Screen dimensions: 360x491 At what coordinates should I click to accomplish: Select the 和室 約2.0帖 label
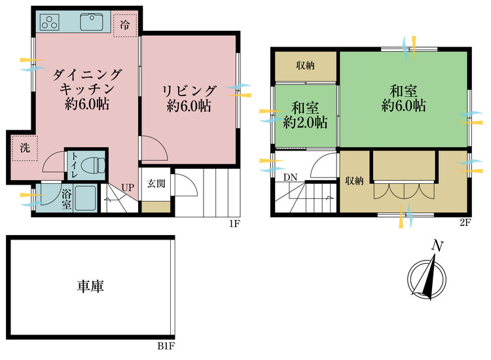[305, 114]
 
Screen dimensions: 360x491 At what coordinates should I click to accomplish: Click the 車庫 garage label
[91, 286]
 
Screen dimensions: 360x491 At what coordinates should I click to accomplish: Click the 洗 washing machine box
[24, 148]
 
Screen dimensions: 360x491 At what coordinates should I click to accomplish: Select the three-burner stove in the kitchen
[50, 22]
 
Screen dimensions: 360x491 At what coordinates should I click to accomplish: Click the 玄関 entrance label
[156, 183]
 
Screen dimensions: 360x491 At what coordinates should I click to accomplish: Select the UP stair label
[128, 188]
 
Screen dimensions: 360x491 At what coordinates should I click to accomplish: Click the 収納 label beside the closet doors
[354, 181]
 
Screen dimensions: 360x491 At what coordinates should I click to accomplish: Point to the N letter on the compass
[436, 245]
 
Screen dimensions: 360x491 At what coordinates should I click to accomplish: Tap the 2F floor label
[465, 223]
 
